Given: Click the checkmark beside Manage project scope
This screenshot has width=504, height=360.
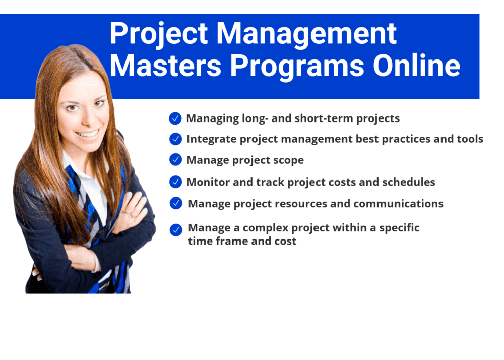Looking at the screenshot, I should tap(175, 160).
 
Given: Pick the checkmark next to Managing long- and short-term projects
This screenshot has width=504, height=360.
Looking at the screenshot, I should tap(175, 118).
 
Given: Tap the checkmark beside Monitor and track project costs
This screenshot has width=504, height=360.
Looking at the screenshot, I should tap(175, 182).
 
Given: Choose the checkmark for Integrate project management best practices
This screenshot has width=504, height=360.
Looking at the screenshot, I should tap(175, 139).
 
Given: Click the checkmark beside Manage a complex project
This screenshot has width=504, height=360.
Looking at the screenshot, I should tap(176, 230).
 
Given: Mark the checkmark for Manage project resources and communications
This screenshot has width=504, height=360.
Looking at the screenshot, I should tap(176, 203).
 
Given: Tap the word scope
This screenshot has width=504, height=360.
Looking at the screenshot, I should tap(289, 160).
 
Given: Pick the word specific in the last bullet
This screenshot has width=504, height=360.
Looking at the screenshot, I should tap(399, 228).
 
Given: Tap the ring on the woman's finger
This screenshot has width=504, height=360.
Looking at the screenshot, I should tap(133, 216).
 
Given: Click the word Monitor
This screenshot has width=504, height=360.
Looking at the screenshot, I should tap(207, 182).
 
